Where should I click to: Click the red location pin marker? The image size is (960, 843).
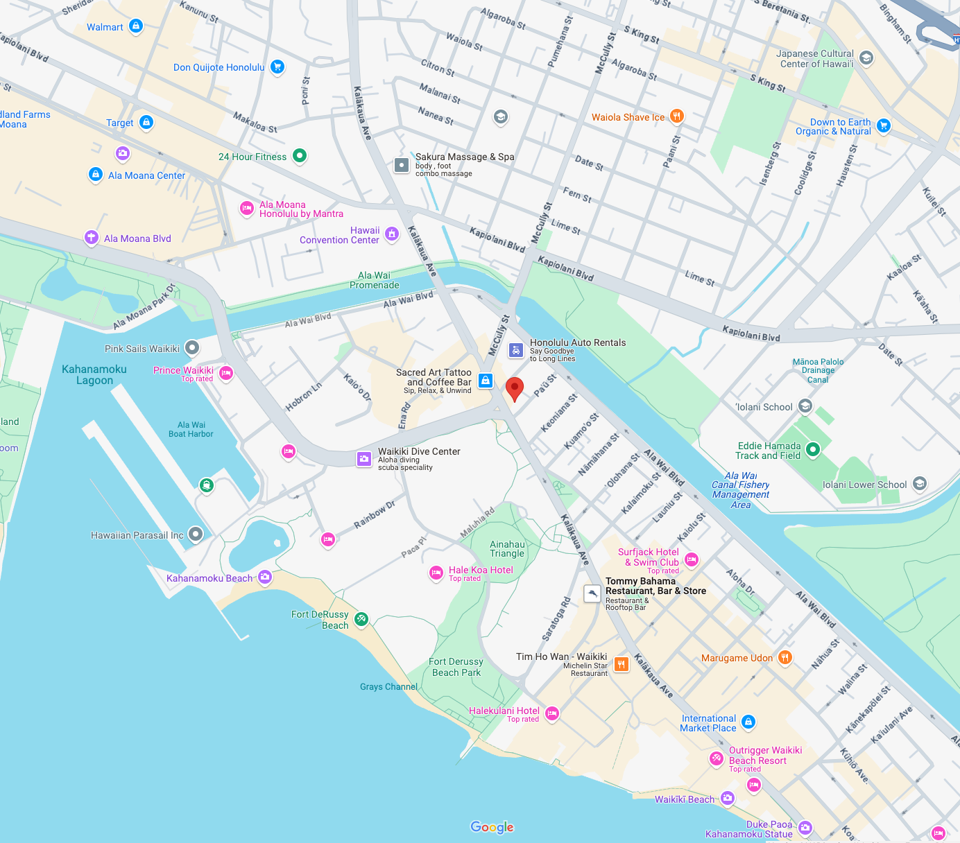(514, 388)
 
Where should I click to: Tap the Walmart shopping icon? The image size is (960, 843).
(136, 26)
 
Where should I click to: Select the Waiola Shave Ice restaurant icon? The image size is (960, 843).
(677, 116)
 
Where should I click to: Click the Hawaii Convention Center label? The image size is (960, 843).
(340, 235)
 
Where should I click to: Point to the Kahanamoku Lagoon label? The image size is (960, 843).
(94, 374)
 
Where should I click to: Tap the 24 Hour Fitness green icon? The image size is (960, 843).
(300, 156)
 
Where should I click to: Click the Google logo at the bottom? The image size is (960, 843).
(492, 827)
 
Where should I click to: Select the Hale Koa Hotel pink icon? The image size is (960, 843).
(436, 573)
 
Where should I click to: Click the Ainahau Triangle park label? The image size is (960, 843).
(507, 548)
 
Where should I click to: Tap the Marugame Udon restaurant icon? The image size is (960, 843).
(785, 657)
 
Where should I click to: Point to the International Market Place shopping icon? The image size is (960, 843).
(748, 722)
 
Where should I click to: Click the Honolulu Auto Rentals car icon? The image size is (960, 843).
(515, 350)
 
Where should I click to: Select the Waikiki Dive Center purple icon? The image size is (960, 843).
(364, 458)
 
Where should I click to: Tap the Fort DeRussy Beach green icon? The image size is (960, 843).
(361, 619)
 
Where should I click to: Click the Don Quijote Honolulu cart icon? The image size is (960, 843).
(277, 67)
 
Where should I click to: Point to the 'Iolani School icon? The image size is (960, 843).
(805, 406)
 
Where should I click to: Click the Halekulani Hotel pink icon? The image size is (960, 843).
(552, 713)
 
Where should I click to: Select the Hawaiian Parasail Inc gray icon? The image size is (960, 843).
(196, 534)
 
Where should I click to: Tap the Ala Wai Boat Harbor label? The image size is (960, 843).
(191, 429)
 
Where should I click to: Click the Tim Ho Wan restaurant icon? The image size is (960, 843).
(621, 664)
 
